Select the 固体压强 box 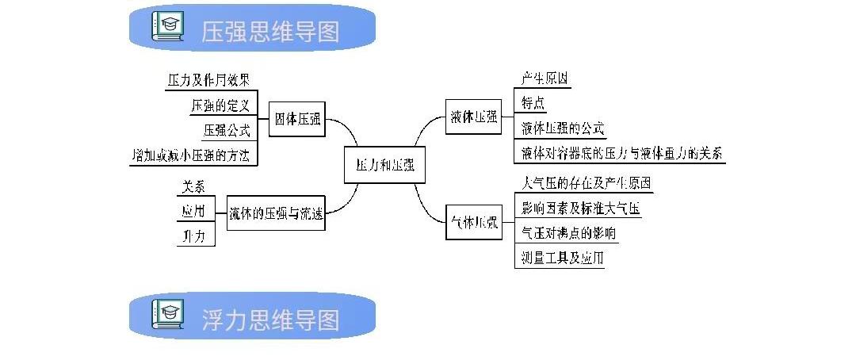tap(297, 120)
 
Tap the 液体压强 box tap(472, 117)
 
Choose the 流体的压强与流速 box tap(276, 213)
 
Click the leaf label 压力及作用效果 tap(209, 80)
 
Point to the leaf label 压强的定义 tap(220, 105)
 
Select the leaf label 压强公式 tap(227, 129)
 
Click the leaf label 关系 tap(193, 187)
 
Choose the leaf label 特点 tap(533, 103)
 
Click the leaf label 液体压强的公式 tap(563, 128)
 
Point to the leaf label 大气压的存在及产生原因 tap(586, 183)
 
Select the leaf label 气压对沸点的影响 tap(568, 233)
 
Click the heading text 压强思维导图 tap(270, 32)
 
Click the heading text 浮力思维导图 tap(270, 319)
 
